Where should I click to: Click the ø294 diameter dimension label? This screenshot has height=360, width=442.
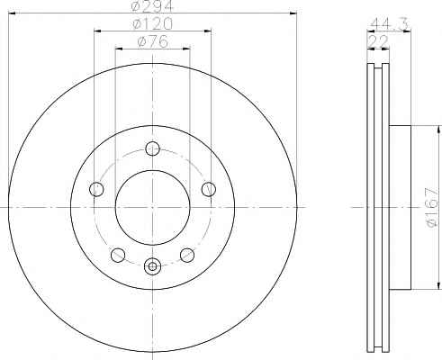(153, 5)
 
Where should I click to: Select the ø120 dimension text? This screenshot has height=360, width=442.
(153, 23)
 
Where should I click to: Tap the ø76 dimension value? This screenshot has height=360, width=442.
(153, 41)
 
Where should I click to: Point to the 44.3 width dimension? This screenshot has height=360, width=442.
(389, 24)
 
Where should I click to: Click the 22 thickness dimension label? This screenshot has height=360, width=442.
(378, 41)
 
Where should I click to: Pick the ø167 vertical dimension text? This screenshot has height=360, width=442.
(433, 207)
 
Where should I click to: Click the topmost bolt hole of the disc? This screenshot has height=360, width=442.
(152, 148)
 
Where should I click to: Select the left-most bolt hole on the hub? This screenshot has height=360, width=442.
(96, 189)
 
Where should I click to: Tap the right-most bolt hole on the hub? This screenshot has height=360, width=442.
(209, 189)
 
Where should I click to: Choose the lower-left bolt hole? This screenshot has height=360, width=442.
(118, 255)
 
